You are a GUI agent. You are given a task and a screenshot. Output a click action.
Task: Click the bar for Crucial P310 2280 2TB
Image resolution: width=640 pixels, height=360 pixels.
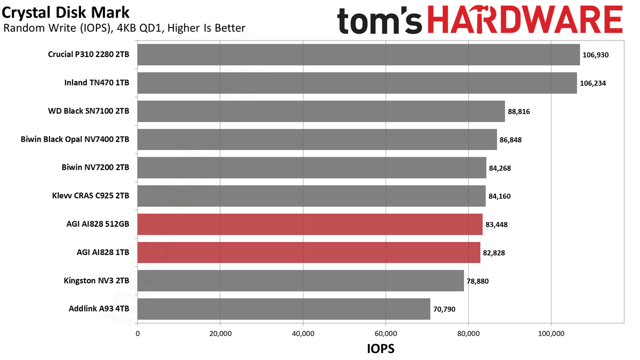358,54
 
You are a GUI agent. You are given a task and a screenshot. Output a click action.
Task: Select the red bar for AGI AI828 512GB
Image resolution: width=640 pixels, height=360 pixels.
310,225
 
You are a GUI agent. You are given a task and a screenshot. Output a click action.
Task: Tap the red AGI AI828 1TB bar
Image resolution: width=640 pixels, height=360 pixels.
309,253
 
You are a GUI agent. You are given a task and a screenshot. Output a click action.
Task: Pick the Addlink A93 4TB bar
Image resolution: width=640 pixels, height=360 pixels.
284,309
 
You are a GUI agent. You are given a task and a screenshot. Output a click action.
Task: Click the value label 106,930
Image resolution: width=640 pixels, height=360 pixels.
595,55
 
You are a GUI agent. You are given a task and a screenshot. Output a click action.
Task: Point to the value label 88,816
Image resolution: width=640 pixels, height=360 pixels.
518,111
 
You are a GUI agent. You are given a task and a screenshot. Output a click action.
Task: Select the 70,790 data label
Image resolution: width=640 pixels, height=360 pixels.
444,309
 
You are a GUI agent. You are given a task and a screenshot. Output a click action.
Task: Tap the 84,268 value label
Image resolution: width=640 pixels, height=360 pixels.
500,168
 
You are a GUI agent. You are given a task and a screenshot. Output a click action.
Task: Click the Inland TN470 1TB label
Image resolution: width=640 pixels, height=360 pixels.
97,83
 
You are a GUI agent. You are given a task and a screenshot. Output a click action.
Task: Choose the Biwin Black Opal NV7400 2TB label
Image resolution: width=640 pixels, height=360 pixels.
75,139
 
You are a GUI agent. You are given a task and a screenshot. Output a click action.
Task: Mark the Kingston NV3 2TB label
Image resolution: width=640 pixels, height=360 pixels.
97,281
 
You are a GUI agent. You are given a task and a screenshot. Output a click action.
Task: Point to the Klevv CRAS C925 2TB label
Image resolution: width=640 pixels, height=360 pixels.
91,196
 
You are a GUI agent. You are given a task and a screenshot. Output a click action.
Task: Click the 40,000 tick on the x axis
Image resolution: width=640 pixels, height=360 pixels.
303,334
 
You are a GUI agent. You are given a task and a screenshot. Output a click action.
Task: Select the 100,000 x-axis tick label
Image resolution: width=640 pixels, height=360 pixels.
551,334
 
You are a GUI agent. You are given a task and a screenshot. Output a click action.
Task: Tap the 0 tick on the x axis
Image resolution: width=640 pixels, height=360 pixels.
138,334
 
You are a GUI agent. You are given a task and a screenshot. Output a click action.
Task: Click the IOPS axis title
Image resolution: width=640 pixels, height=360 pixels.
381,349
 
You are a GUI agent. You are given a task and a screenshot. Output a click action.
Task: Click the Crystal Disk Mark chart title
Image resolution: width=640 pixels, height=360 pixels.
66,13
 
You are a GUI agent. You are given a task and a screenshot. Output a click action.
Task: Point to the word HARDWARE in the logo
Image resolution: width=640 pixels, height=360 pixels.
525,20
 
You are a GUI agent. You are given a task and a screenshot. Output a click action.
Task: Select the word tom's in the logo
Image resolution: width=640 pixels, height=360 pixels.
380,21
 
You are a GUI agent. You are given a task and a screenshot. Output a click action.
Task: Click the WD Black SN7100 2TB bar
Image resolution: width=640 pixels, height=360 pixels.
321,111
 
